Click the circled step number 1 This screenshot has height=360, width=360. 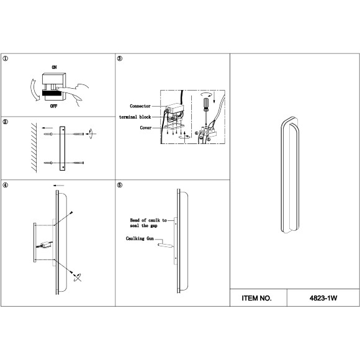(5, 58)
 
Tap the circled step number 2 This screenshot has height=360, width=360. (5, 122)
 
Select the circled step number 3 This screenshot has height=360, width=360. (120, 58)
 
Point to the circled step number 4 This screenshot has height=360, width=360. (5, 185)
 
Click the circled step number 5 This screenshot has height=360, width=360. (120, 185)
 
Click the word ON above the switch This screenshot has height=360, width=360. (54, 67)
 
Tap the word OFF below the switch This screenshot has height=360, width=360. (53, 106)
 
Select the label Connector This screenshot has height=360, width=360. (140, 106)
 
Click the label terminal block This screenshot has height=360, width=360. (135, 117)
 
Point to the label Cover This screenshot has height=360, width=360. (146, 128)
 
